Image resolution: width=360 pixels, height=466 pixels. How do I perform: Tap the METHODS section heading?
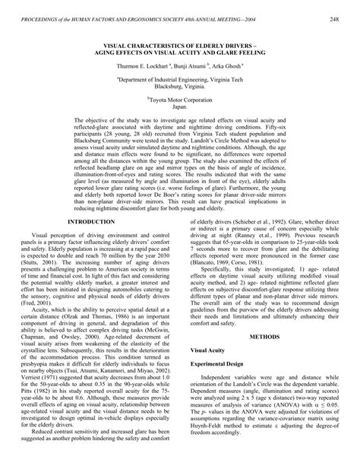[x=264, y=356]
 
